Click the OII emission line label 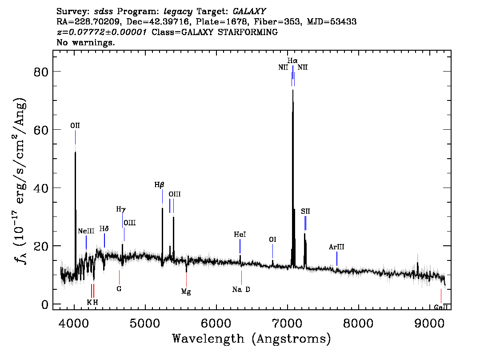click(75, 126)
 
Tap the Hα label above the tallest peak click(292, 60)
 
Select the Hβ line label click(159, 184)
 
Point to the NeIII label click(86, 231)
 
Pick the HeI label click(240, 234)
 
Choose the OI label click(273, 240)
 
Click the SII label click(305, 212)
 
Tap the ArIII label click(336, 247)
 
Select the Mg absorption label click(186, 292)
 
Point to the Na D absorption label click(241, 289)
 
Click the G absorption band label click(119, 288)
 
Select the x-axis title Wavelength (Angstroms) click(252, 339)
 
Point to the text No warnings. click(86, 43)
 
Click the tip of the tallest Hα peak click(292, 90)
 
